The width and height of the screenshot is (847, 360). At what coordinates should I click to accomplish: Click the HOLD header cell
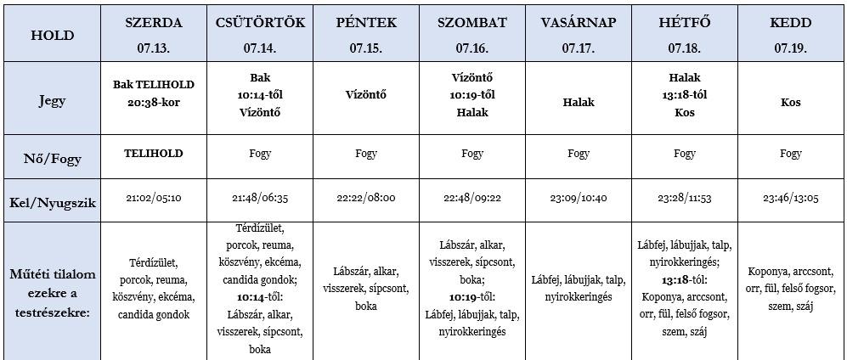[x=52, y=35]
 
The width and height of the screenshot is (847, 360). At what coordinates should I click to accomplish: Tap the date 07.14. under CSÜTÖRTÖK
[x=259, y=49]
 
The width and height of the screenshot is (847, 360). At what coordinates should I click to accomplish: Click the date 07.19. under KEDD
[x=790, y=49]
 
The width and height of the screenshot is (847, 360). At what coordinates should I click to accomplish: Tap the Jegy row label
[x=52, y=100]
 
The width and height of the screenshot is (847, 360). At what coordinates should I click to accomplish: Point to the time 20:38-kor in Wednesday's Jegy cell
[x=154, y=101]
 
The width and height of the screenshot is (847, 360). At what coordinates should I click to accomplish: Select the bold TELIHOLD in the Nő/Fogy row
[x=154, y=154]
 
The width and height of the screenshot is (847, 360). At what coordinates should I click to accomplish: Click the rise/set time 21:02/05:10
[x=154, y=198]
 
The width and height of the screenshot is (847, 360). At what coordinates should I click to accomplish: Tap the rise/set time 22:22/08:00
[x=366, y=198]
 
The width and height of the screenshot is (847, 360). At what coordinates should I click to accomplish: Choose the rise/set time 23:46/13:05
[x=790, y=198]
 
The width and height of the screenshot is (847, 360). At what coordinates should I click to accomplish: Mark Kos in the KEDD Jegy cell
[x=790, y=102]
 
